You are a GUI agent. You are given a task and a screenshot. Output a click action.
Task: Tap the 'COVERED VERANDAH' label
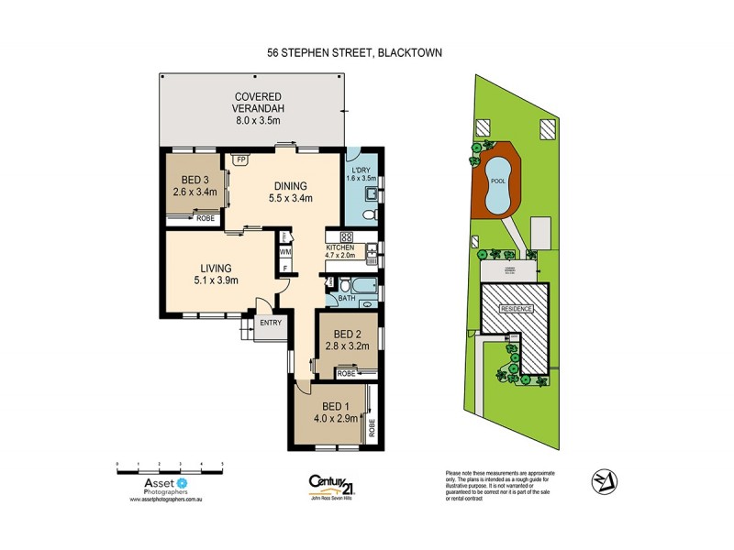point(256,105)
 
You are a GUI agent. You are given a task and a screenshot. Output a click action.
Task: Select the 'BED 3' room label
point(194,180)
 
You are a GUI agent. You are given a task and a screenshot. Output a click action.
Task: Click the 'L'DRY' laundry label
point(360,170)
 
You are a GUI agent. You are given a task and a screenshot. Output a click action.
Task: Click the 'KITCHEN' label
point(339,248)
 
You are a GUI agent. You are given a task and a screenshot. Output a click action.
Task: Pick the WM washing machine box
point(285,251)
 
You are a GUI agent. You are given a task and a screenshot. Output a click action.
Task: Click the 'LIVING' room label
point(217,269)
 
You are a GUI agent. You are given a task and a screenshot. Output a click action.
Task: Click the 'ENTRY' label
point(271,323)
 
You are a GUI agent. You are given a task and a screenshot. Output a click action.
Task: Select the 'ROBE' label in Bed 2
point(347,374)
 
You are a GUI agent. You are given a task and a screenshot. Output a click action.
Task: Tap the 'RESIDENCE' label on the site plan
point(516,309)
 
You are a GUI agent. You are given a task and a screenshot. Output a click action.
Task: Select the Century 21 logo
point(332,483)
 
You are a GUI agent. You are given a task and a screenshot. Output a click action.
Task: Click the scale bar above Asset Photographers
point(171,467)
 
